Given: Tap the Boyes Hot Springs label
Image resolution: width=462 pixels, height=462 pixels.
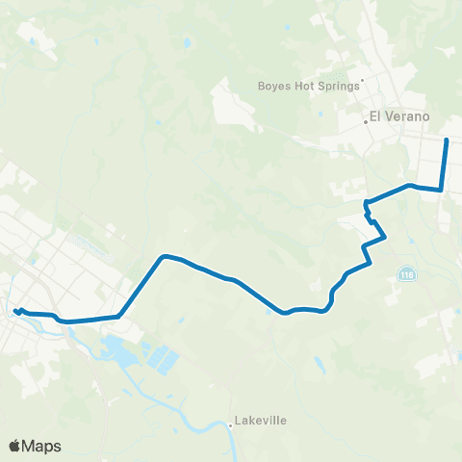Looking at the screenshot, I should point(308,85).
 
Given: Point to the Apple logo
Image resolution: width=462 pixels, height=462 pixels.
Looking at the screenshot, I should point(15,446).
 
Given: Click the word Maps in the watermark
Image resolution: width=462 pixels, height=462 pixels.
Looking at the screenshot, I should point(42,446).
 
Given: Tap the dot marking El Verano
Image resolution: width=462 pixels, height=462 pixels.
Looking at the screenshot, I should point(367,121).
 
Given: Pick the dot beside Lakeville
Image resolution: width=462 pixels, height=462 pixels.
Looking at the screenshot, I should point(231,420).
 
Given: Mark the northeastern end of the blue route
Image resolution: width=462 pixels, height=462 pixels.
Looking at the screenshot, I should point(447,141).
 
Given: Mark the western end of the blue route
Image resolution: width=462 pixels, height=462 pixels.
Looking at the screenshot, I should point(16,310).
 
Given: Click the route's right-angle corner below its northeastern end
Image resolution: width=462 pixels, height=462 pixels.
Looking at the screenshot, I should point(442,190).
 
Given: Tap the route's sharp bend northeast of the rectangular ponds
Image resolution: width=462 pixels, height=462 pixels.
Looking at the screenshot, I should point(119,315).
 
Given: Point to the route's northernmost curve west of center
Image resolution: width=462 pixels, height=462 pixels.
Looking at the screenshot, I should point(166,256).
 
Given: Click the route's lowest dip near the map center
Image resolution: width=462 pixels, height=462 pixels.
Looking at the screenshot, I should point(284,312).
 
